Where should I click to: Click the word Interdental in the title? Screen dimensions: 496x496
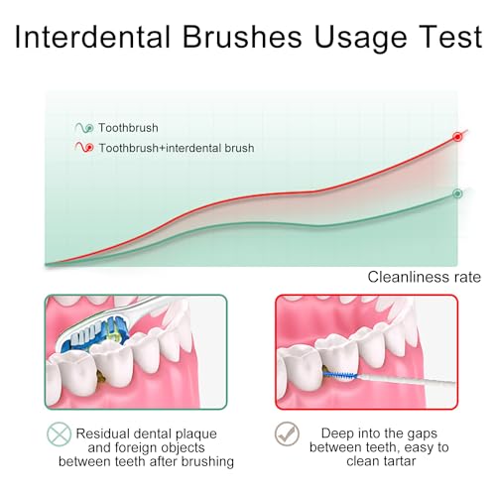(92, 37)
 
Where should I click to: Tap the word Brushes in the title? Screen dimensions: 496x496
(242, 37)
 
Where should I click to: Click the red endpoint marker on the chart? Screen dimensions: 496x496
(457, 137)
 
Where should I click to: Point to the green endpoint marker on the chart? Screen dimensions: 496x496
(457, 193)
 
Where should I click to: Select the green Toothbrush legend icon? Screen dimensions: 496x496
(84, 128)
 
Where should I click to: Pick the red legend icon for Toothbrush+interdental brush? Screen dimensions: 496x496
(84, 147)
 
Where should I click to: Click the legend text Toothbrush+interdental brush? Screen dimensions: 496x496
(177, 148)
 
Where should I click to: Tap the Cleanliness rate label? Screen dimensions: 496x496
(425, 277)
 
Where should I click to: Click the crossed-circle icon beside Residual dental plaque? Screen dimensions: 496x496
(59, 434)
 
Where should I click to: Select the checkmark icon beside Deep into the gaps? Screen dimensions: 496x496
(287, 434)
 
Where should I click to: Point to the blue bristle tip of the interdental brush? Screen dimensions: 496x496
(340, 375)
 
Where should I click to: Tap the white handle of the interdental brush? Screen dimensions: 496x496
(407, 380)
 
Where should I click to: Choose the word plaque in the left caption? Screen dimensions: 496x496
(196, 434)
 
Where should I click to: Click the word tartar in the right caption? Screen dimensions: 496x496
(398, 461)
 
